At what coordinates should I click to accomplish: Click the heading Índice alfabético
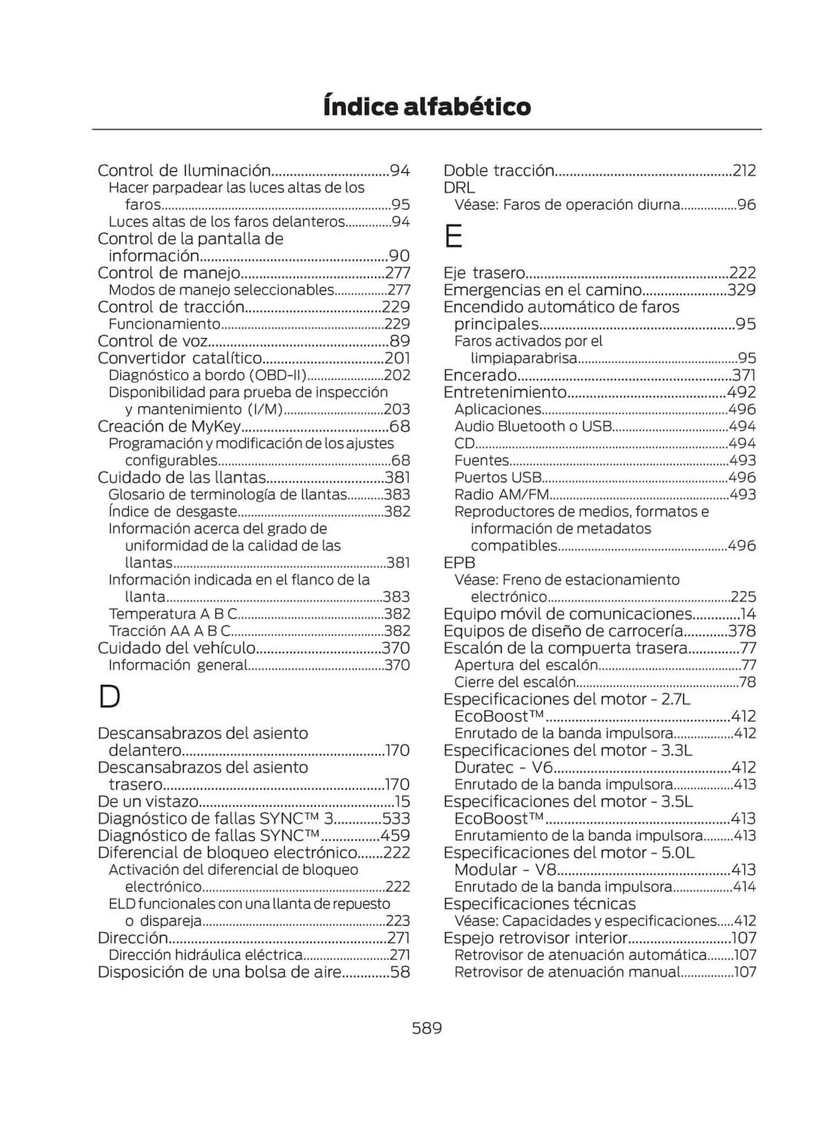point(427,107)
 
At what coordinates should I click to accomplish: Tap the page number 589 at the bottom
point(427,1028)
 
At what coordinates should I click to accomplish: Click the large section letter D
point(109,697)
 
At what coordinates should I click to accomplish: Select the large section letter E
point(454,236)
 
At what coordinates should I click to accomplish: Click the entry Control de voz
point(152,341)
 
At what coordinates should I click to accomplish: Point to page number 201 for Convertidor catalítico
point(397,358)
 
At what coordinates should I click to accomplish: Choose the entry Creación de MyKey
point(169,426)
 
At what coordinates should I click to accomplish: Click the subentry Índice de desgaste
point(173,512)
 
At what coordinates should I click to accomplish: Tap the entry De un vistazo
point(148,801)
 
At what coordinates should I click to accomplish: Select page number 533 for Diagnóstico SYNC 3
point(396,818)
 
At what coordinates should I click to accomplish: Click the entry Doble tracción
point(498,170)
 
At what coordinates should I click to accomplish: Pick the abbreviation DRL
point(459,187)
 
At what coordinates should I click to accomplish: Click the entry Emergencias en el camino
point(542,290)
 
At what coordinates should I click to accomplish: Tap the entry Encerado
point(480,375)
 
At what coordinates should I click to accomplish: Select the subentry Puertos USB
point(498,477)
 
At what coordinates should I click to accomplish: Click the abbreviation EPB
point(459,563)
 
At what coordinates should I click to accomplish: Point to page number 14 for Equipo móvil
point(748,614)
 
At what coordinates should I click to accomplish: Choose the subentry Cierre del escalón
point(515,682)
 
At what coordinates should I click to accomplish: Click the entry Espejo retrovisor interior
point(535,938)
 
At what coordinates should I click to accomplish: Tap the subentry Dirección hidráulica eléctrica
point(205,955)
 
